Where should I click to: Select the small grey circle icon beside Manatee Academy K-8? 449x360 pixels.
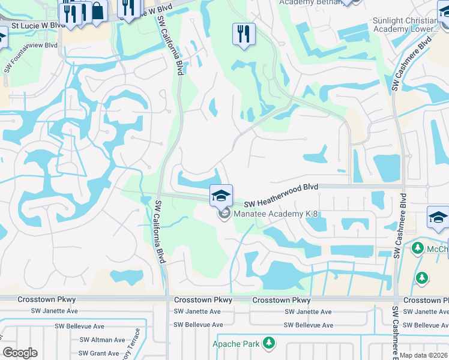click(224, 214)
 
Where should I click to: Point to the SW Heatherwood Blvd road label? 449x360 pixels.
click(280, 188)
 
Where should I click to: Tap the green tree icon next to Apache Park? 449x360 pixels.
click(270, 343)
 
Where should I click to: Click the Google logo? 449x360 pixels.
click(20, 353)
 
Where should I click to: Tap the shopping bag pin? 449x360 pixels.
click(97, 10)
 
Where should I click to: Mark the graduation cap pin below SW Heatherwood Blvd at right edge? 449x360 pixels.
click(438, 217)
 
